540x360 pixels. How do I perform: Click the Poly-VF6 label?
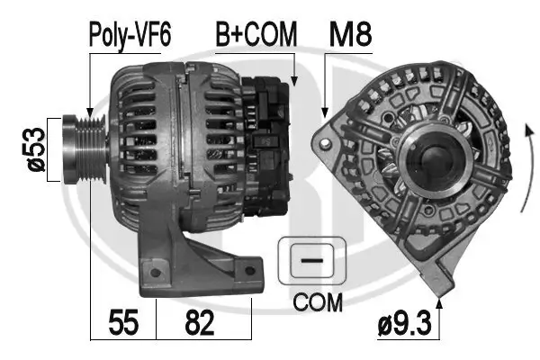130,35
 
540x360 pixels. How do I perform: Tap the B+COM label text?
256,35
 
